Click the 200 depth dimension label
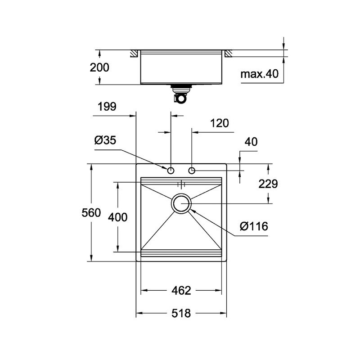click(99, 67)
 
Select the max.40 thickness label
click(260, 74)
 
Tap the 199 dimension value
click(107, 107)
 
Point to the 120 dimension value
click(220, 123)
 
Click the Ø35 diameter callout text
click(105, 140)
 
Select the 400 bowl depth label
click(118, 217)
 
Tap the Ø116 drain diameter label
click(254, 226)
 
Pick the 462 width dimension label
click(181, 291)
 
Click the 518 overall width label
click(181, 313)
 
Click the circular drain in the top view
click(181, 203)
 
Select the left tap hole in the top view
click(171, 171)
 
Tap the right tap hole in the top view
click(192, 171)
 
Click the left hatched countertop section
click(134, 54)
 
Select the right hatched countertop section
click(228, 54)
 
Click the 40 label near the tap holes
click(251, 142)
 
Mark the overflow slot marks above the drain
click(181, 184)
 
